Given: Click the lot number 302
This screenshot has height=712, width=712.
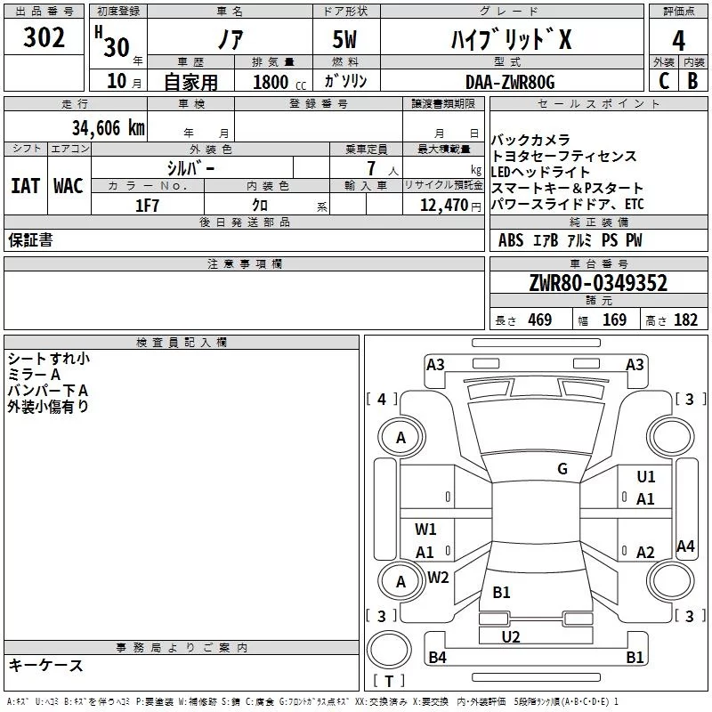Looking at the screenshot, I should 44,38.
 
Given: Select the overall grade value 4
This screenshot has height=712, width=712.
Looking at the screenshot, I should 678,41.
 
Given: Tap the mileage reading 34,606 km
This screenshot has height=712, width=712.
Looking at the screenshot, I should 108,127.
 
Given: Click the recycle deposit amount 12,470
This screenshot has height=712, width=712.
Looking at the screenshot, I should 443,206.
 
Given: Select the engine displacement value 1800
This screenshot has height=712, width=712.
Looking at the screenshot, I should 271,83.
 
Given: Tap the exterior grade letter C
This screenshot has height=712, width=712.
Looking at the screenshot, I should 663,81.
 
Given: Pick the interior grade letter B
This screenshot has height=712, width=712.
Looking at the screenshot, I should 693,81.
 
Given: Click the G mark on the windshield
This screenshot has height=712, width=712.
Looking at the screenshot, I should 562,468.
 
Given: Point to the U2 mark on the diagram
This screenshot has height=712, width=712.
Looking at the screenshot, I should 511,635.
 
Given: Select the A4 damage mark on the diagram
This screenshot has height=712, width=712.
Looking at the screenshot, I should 685,546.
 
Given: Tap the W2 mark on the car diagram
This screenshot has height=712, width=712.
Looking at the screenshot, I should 438,577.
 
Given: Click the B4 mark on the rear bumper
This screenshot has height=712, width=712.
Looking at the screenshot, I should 437,658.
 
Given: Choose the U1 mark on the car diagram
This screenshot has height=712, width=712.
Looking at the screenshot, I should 646,477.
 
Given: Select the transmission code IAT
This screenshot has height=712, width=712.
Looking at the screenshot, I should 25,186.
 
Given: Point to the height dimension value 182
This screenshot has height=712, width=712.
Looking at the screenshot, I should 685,320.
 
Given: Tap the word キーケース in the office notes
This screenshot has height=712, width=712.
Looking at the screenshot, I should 45,665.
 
